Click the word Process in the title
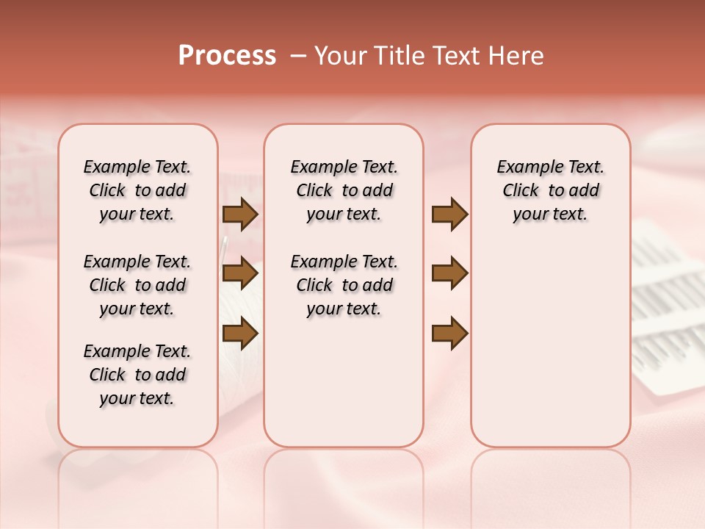pos(227,56)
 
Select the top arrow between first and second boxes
pos(240,215)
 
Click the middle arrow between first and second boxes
pos(240,274)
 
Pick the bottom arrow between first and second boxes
pos(240,334)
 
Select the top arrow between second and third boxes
pos(450,215)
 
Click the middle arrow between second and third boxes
pos(450,274)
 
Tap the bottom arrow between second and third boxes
pos(450,334)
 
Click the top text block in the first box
pos(137,190)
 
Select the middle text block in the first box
pos(137,285)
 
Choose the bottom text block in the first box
pos(137,375)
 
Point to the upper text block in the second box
pos(344,190)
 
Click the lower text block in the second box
pos(344,285)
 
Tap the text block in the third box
pos(550,190)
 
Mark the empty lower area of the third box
pos(550,345)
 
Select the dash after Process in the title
pos(297,56)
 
